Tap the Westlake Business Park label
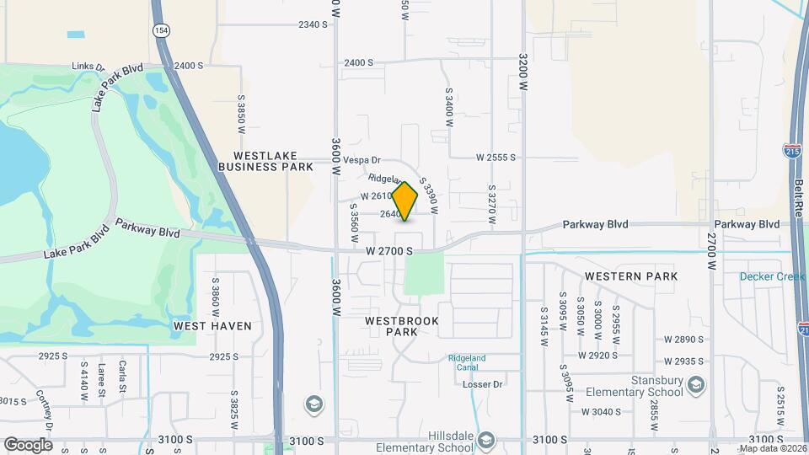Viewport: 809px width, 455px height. click(265, 161)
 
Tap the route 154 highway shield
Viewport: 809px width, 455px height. click(159, 29)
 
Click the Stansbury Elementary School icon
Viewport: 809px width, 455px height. click(696, 386)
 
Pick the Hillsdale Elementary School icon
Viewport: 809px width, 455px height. click(485, 440)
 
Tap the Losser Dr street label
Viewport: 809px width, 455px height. click(483, 384)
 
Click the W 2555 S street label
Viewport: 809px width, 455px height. click(495, 158)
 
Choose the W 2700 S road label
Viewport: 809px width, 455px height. click(389, 251)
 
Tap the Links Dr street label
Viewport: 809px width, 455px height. click(88, 67)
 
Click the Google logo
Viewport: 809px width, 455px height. click(28, 444)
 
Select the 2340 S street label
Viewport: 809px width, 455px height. click(312, 24)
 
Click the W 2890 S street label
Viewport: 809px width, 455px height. click(683, 339)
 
